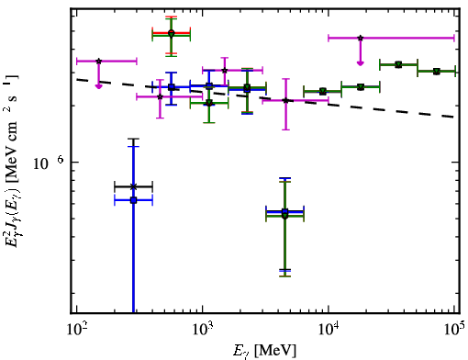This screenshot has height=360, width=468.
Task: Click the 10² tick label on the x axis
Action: (76, 330)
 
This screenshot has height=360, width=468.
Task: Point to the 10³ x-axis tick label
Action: (202, 330)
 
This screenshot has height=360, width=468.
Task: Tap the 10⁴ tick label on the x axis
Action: (329, 330)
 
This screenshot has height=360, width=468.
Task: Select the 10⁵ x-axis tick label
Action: (454, 330)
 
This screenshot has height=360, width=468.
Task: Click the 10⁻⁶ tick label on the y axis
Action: (49, 163)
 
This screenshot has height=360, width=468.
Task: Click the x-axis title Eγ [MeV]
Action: (264, 351)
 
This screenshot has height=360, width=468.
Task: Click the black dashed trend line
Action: (265, 98)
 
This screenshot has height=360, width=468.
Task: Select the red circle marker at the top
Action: (172, 32)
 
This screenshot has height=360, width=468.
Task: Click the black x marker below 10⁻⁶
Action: (133, 186)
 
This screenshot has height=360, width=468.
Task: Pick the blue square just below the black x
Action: (133, 200)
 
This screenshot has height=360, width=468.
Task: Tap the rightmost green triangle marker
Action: (437, 72)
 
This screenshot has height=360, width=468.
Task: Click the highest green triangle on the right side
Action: (398, 64)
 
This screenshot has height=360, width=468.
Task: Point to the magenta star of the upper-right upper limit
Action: (361, 38)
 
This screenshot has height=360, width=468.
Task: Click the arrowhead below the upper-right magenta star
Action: (361, 63)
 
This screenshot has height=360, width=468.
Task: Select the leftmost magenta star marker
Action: (98, 62)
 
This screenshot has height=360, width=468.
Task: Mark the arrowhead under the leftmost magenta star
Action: (98, 86)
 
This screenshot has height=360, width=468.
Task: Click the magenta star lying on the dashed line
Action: (285, 100)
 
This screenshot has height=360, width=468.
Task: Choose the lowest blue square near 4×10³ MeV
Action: (285, 212)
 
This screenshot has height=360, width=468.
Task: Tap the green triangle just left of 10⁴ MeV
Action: (322, 91)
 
